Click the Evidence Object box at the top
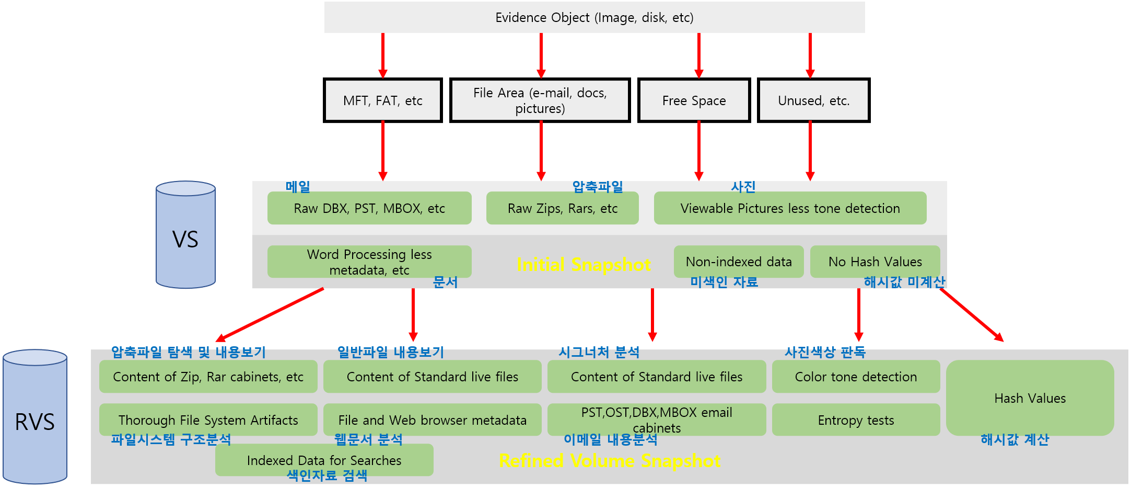594,17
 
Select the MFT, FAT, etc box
382,100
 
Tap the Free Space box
694,100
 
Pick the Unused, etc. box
813,100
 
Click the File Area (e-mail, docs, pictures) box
540,100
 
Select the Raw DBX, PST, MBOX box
369,208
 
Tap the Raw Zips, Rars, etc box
562,208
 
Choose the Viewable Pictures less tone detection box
790,208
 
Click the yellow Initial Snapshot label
584,265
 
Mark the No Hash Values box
875,262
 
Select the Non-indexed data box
739,262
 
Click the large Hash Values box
1030,398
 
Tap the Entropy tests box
856,420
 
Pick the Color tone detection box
856,377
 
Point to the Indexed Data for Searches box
324,460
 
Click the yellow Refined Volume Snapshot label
610,461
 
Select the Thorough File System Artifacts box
208,420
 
